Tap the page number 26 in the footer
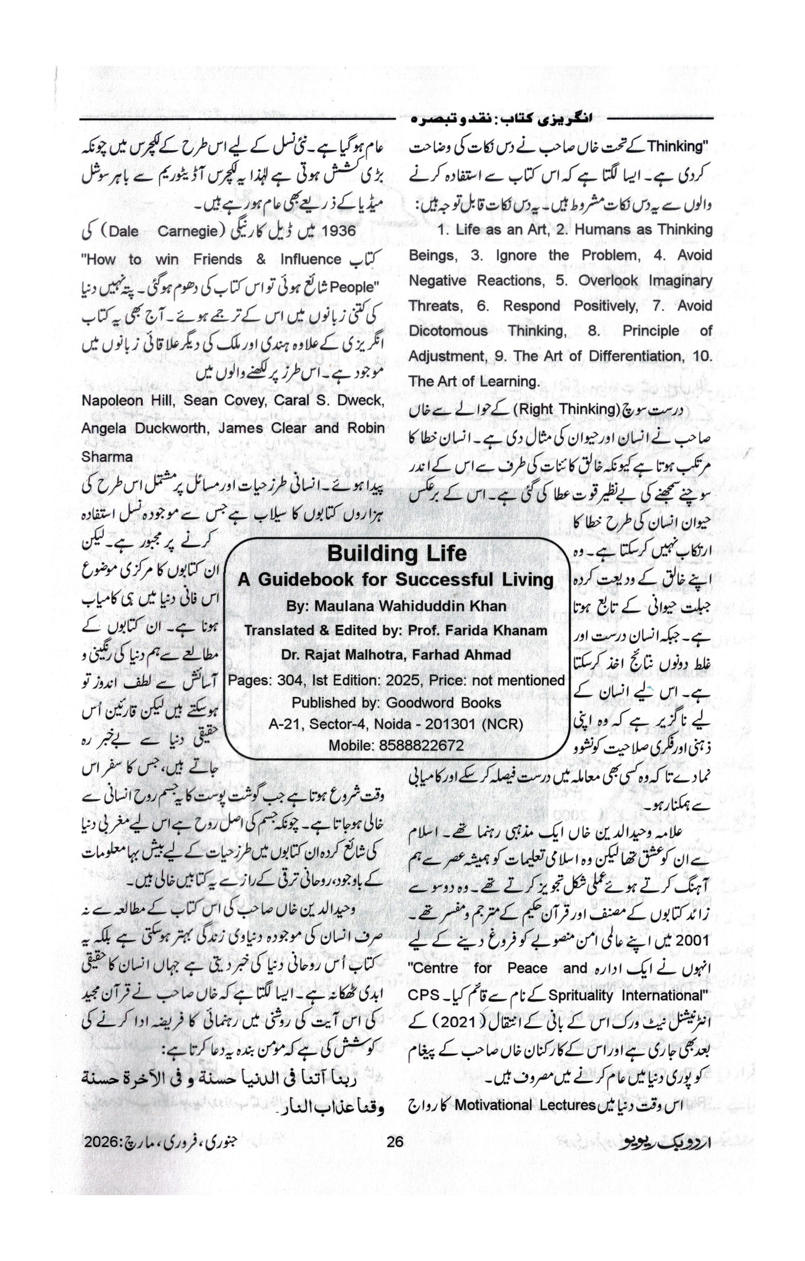pyautogui.click(x=395, y=1142)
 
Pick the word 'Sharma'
pyautogui.click(x=107, y=457)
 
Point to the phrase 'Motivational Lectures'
pyautogui.click(x=525, y=1105)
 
